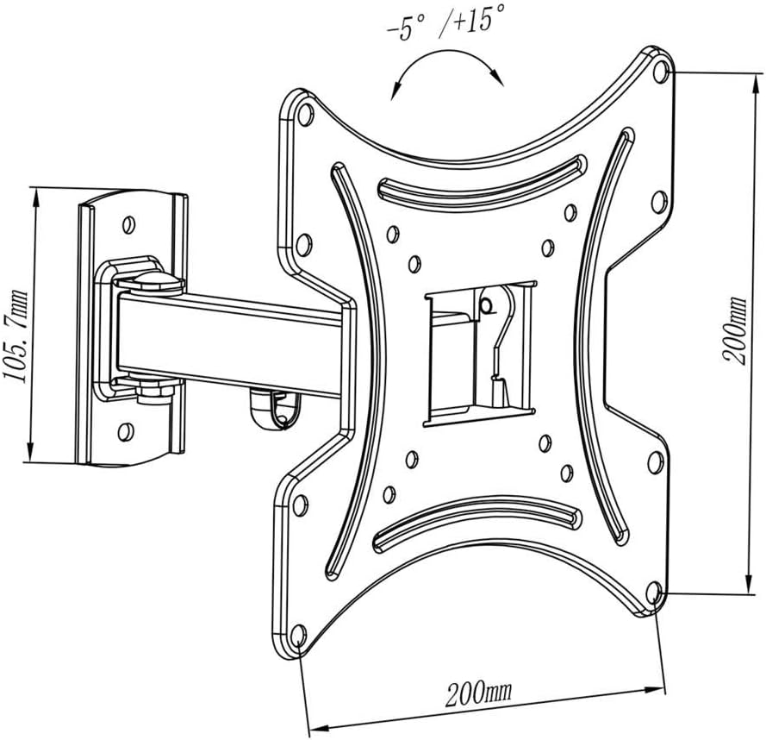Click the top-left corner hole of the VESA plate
[x=303, y=111]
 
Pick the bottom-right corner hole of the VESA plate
[x=653, y=593]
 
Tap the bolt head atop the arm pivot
[x=148, y=280]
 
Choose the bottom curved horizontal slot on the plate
[x=475, y=524]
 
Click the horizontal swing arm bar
[x=233, y=342]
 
